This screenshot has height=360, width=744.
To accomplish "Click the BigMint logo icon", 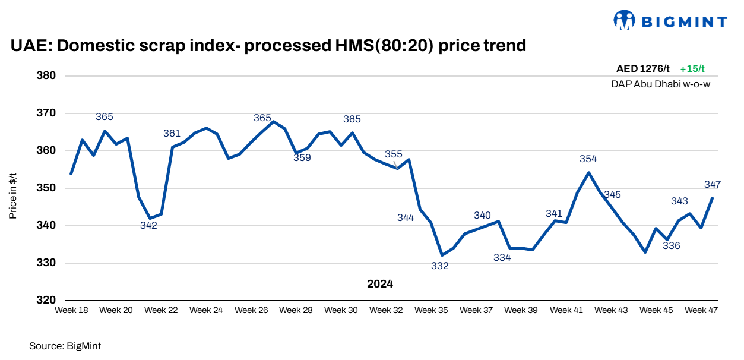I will [624, 20].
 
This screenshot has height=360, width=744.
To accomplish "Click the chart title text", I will [268, 45].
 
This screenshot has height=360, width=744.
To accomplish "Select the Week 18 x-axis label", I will [71, 310].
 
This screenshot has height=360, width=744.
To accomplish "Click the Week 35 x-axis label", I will [431, 310].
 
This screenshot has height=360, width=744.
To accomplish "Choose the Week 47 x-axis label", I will [701, 310].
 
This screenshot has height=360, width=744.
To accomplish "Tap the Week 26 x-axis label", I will [251, 310].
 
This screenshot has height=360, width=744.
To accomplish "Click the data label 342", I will [148, 225].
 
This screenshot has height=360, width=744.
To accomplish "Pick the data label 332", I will [440, 266].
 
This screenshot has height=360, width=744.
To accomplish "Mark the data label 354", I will [588, 159].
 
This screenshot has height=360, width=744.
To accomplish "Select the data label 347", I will [713, 185].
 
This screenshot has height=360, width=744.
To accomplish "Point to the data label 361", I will [172, 134].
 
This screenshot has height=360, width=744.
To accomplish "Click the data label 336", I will [672, 245].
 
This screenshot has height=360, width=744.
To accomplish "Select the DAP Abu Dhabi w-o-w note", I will [661, 84].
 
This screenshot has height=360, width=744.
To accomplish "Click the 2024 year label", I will [380, 284].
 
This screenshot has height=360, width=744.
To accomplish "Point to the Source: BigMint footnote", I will [61, 345].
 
